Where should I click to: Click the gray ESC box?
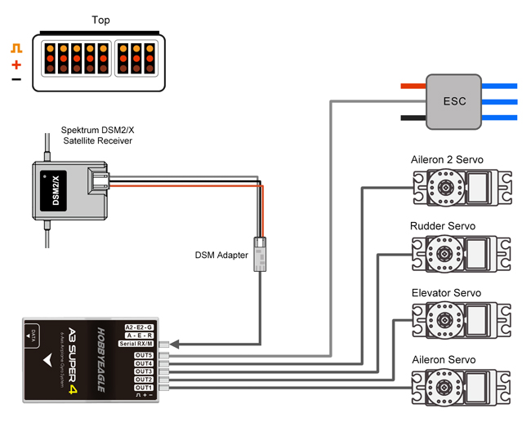pyautogui.click(x=454, y=102)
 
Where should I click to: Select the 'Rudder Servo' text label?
pyautogui.click(x=442, y=226)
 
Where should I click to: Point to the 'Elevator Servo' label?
pyautogui.click(x=445, y=292)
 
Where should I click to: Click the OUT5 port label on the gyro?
pyautogui.click(x=144, y=355)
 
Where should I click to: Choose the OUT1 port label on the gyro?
pyautogui.click(x=144, y=387)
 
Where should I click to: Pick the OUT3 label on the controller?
pyautogui.click(x=144, y=371)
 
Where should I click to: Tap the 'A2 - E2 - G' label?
pyautogui.click(x=138, y=327)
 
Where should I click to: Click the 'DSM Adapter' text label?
pyautogui.click(x=221, y=255)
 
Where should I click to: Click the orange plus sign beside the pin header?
pyautogui.click(x=16, y=64)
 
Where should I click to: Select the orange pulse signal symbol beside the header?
pyautogui.click(x=16, y=49)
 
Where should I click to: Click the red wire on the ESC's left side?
pyautogui.click(x=413, y=85)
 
